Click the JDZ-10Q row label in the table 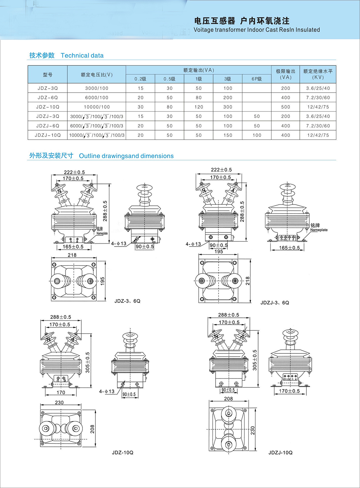click(x=48, y=107)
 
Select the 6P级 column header click(x=257, y=79)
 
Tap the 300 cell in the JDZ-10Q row click(x=228, y=107)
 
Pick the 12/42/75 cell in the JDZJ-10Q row click(x=318, y=135)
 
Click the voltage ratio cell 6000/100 click(x=96, y=98)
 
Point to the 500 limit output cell click(x=285, y=107)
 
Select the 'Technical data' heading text click(x=82, y=55)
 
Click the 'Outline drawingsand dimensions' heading click(x=126, y=156)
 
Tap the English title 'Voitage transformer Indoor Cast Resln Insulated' click(x=257, y=30)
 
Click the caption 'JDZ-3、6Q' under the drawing click(x=127, y=301)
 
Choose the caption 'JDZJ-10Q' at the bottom click(x=280, y=452)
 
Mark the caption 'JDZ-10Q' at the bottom click(x=122, y=452)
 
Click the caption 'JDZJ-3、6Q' click(x=275, y=303)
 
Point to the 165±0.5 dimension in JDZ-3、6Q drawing click(x=73, y=247)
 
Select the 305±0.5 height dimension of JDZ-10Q click(x=87, y=362)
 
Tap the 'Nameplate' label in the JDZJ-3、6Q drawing click(x=319, y=230)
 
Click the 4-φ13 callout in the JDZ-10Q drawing click(x=107, y=391)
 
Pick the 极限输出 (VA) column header click(x=285, y=74)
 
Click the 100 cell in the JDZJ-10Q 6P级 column click(x=257, y=135)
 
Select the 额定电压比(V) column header click(x=96, y=74)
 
